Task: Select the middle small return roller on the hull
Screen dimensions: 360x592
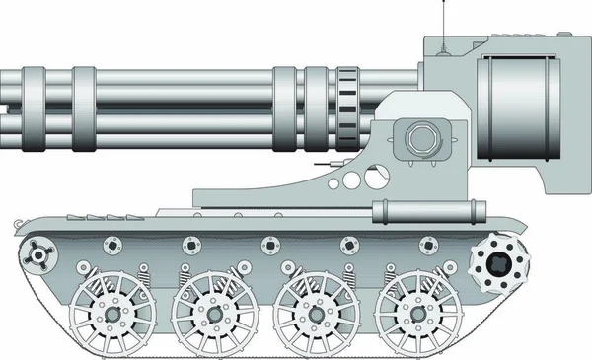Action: [268, 245]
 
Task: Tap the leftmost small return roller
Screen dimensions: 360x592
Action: [111, 245]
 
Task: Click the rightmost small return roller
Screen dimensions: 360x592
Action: [426, 245]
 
